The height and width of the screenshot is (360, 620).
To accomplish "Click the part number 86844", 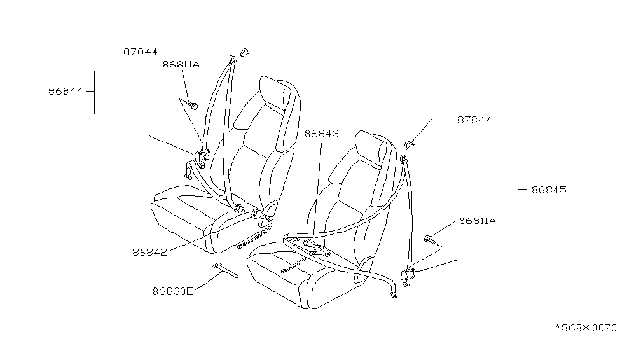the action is pos(65,92).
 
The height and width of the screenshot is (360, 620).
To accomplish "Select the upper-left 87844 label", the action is pos(141,52).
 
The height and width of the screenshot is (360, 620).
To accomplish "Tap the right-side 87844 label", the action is pos(474,120).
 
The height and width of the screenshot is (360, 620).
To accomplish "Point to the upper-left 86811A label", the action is pos(181,64).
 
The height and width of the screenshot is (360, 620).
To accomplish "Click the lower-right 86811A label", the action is pos(478,221).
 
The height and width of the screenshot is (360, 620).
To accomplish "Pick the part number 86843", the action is pos(322,134).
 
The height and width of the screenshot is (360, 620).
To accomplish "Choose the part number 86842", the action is pos(149,252).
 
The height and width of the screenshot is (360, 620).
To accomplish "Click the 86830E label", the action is pos(173,291).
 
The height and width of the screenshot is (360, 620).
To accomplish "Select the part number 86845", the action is pos(549,190).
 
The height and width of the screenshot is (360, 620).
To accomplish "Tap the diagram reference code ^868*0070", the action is pos(586,328).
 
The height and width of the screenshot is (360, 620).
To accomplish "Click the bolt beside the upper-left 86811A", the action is pos(193,106).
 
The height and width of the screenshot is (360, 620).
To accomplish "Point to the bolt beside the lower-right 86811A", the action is pos(429,239).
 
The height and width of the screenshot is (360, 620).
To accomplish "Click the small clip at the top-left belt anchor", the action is pos(245,52).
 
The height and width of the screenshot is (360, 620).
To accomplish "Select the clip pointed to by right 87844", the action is pos(409,144).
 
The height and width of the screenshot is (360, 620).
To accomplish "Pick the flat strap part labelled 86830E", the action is pos(225,270).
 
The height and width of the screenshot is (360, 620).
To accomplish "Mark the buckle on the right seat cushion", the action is pos(315,244).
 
